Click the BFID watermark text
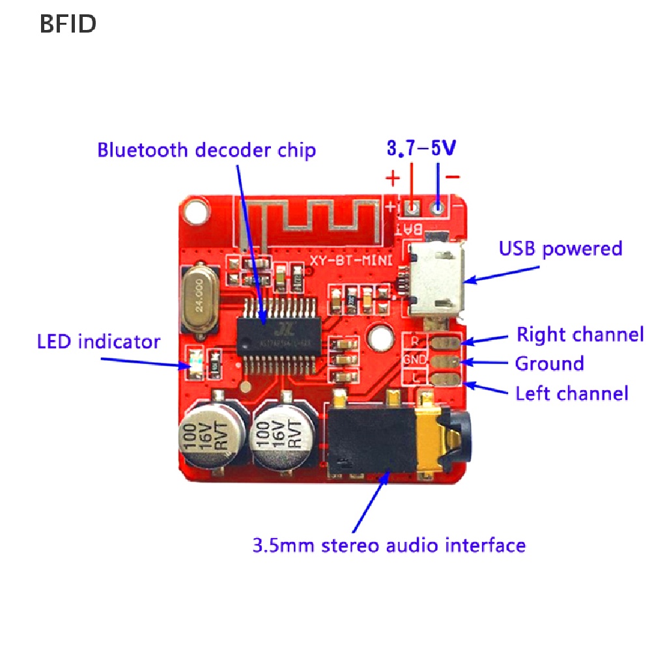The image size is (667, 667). pos(68,23)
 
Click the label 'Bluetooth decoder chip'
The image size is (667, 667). pos(206,150)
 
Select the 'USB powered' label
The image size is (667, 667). pos(560,249)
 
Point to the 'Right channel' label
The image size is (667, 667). pos(580,335)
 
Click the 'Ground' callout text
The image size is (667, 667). pos(549,363)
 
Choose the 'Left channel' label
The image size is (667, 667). pos(572,393)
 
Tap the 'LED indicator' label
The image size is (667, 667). pos(98,341)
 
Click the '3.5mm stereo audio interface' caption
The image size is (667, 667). pos(389,545)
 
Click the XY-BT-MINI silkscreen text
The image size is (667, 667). pos(361,261)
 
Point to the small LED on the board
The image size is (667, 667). pos(196,359)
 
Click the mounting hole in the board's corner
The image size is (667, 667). pos(193,210)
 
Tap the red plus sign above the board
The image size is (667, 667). pos(392,177)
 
